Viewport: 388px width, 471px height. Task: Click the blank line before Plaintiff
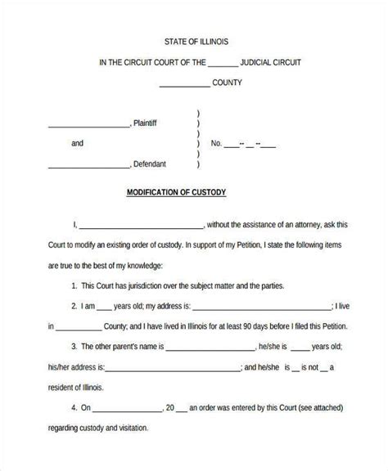click(88, 126)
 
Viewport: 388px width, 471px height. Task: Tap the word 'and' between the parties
click(77, 143)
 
